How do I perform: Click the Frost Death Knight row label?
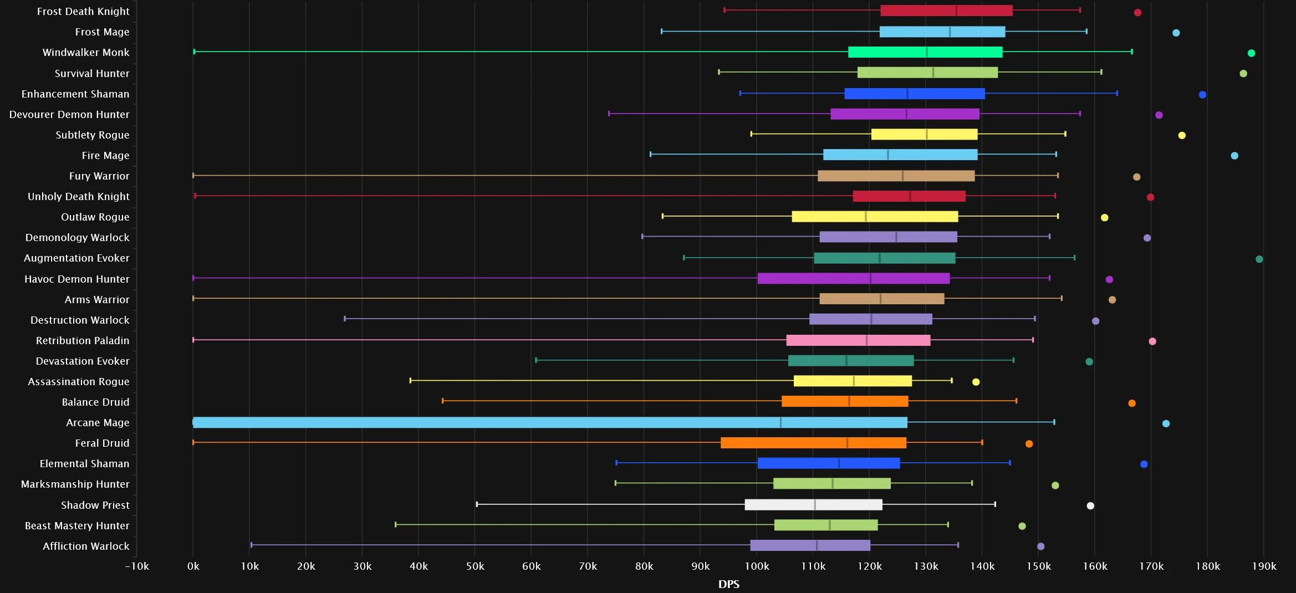tap(83, 11)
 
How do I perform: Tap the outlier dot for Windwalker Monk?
tap(1251, 53)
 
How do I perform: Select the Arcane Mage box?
tap(550, 422)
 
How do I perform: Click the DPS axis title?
tap(728, 584)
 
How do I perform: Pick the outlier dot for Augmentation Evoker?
tap(1259, 259)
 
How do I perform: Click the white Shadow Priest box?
tap(813, 504)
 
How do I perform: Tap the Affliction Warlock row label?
tap(86, 546)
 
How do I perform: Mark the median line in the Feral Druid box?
tap(847, 443)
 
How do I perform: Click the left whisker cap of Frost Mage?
tap(661, 32)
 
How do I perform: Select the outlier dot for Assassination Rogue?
tap(976, 382)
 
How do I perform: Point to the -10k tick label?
tap(137, 566)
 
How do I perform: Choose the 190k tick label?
tap(1264, 566)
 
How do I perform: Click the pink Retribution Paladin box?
tap(858, 340)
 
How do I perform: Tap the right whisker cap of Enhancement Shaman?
tap(1116, 93)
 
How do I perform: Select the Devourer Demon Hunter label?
tap(69, 114)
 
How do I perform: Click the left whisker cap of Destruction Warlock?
tap(345, 319)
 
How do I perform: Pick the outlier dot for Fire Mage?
tap(1234, 156)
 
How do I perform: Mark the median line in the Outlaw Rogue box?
tap(865, 216)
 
